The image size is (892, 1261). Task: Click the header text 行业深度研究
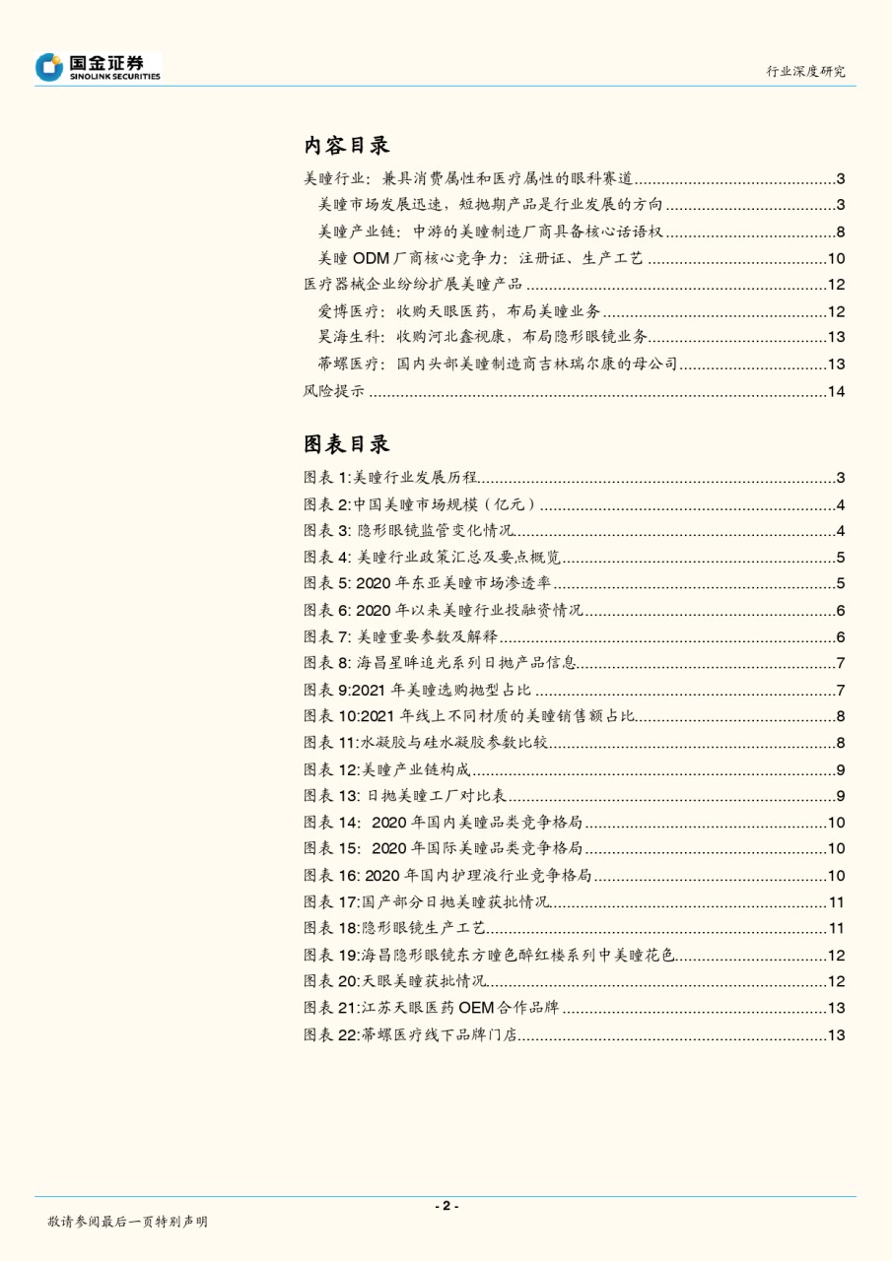point(805,71)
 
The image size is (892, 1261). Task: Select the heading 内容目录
point(346,146)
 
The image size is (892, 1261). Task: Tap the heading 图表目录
point(346,444)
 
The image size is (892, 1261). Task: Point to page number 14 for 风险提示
point(836,392)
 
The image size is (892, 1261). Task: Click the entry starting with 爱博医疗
point(459,312)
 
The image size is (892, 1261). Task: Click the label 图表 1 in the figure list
point(326,478)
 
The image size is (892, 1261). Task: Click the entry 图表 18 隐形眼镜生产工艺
point(395,928)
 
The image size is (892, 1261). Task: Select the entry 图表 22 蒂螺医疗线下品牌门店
point(411,1034)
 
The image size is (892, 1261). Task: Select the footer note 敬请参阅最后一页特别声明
point(127,1222)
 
